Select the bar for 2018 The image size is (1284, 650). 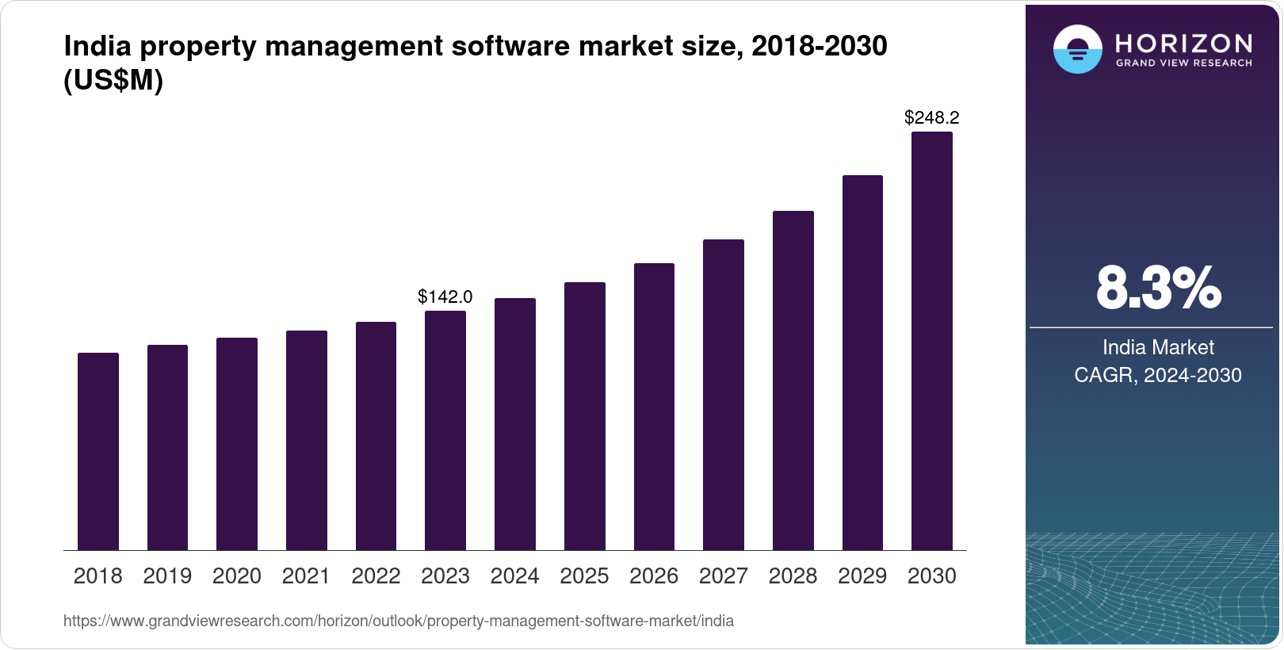[98, 452]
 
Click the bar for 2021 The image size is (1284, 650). [307, 441]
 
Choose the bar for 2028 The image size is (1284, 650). [793, 380]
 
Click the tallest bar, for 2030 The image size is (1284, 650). [932, 341]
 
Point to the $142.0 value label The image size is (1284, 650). [445, 296]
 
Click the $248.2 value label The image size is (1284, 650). [932, 118]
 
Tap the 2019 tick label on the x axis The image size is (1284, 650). [167, 576]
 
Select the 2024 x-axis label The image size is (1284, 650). [514, 576]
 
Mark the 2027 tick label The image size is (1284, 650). [724, 576]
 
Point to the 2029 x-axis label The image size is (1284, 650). [862, 576]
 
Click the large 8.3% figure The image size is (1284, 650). [1158, 289]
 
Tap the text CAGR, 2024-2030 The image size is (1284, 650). [1158, 375]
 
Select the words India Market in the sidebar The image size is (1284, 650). [1158, 347]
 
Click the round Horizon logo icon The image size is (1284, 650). [1077, 49]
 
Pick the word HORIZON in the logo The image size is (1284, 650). [1184, 43]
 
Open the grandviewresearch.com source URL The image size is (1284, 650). [399, 621]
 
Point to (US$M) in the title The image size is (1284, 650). [113, 81]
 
